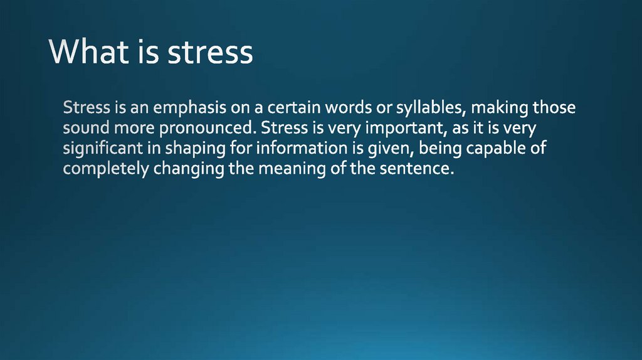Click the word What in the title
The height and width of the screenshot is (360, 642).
[x=87, y=53]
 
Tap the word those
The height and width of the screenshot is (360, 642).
[x=554, y=108]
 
